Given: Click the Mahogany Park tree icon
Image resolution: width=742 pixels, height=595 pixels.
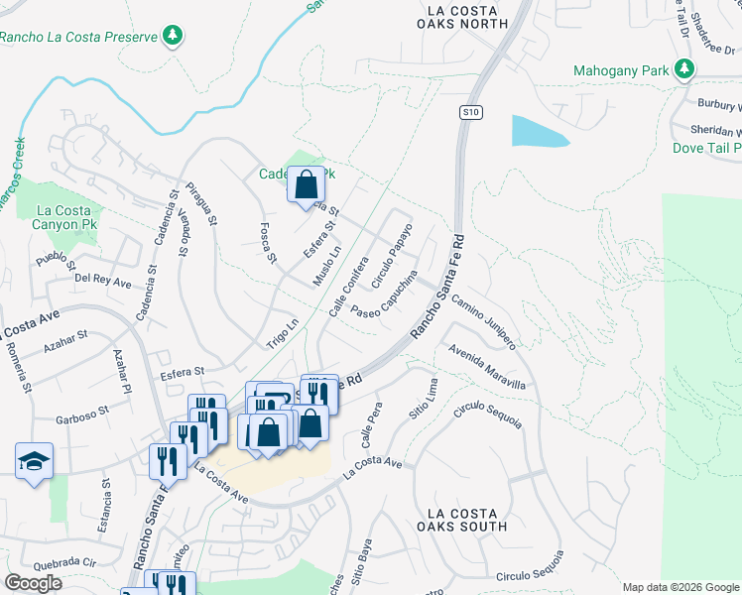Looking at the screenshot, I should (x=683, y=69).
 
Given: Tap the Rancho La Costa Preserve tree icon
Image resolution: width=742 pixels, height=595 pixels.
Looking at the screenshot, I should (x=174, y=37).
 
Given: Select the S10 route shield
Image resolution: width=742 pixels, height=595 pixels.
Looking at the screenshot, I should (x=471, y=113).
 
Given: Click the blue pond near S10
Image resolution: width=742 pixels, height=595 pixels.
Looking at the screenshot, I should (x=539, y=131).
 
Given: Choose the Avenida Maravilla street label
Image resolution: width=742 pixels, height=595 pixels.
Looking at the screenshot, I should (x=485, y=368).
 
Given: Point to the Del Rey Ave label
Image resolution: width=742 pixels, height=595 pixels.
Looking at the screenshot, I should (x=103, y=282).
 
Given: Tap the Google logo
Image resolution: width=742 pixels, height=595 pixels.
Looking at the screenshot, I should (x=33, y=583).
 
